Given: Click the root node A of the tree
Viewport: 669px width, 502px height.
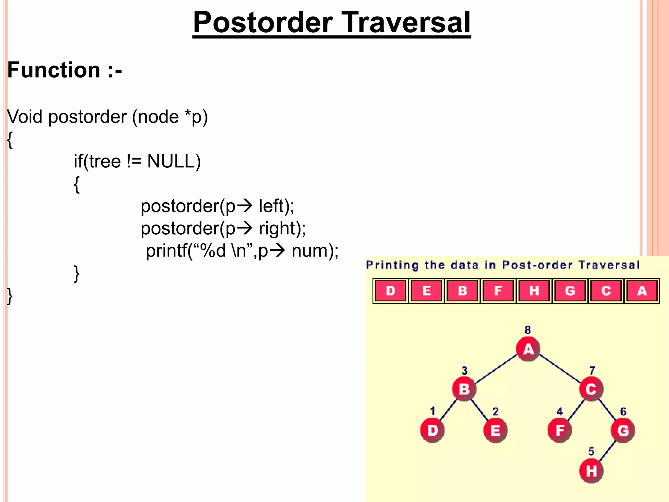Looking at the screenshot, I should tap(528, 349).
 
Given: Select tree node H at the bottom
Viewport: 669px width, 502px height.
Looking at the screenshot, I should tap(591, 471).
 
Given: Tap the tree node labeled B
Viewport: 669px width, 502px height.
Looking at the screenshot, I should tap(464, 389).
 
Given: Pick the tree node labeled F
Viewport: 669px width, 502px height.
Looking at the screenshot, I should tap(560, 430).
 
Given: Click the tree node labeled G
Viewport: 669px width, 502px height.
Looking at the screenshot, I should tap(623, 430).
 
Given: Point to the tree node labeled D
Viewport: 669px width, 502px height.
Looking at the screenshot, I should tap(432, 430).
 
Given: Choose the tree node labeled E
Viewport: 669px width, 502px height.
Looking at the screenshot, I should tap(495, 430).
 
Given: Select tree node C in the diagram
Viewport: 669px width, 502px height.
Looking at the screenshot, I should tap(591, 389).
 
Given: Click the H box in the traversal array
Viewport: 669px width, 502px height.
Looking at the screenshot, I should tap(534, 291).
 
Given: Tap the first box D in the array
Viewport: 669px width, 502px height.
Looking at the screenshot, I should tap(390, 291).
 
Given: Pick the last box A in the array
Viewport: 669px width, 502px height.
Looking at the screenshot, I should tap(642, 291).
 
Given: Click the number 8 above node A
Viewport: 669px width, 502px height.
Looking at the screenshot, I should tap(528, 330).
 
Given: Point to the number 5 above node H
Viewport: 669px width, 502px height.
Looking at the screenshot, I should tap(591, 452).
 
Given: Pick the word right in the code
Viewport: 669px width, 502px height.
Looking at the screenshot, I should tap(277, 228).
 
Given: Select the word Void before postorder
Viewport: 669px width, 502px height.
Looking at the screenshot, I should tap(25, 117).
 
